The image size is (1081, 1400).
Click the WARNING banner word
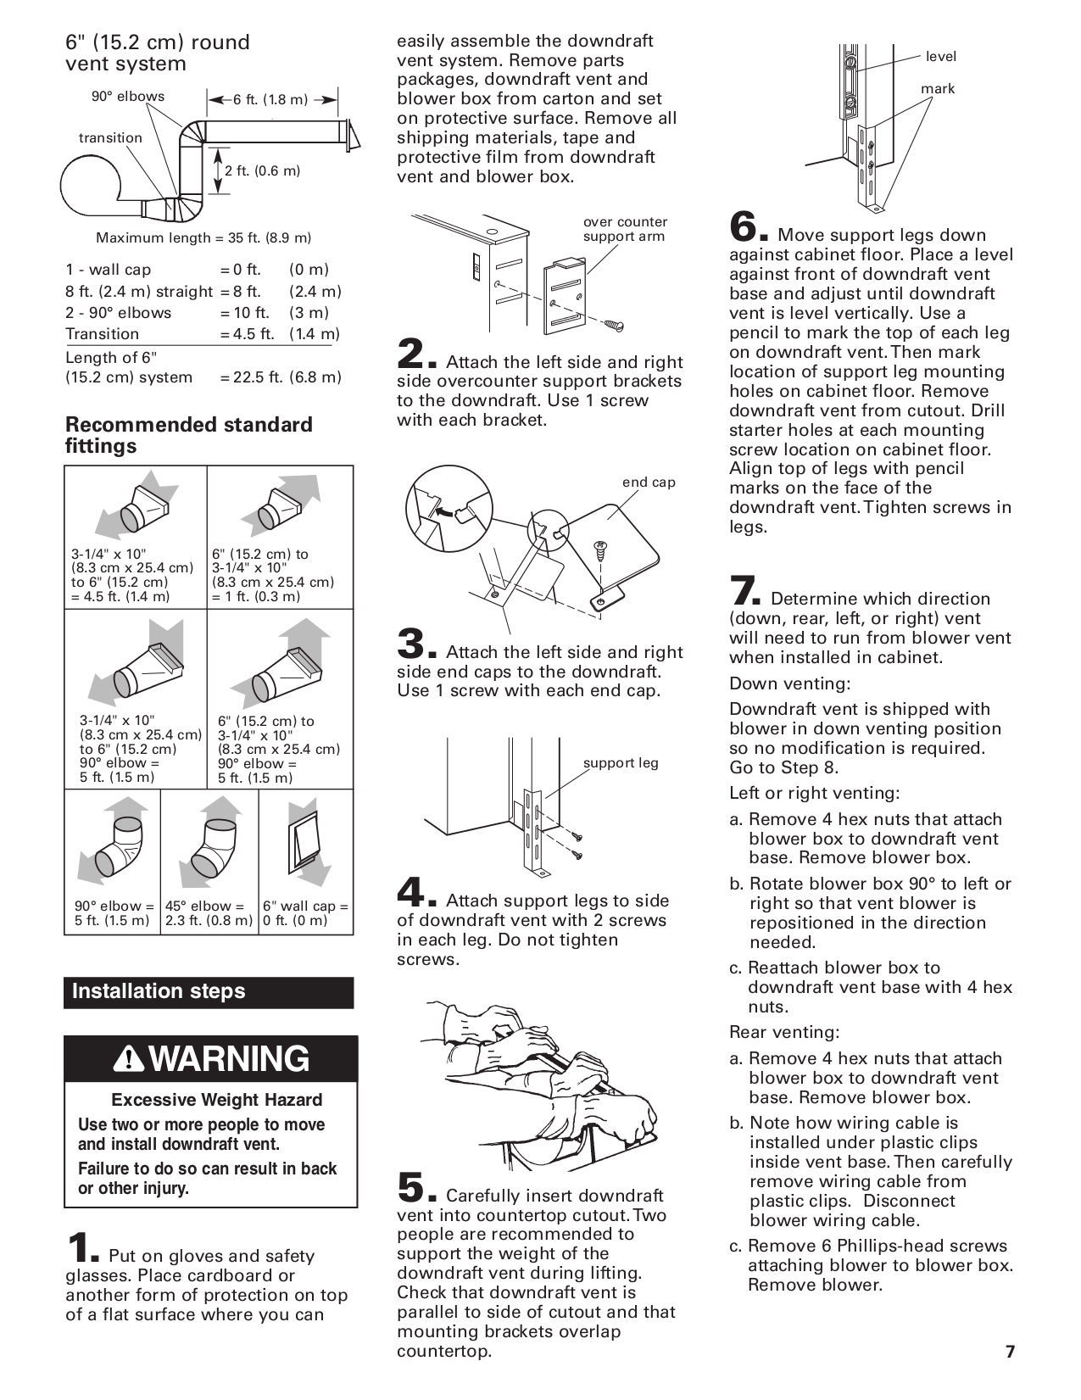[x=231, y=1060]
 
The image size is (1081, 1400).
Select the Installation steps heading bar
[x=209, y=992]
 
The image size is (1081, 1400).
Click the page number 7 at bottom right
[x=1010, y=1352]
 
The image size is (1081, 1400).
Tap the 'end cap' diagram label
[x=649, y=482]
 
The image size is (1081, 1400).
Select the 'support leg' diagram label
[x=621, y=763]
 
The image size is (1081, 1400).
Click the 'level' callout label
[x=940, y=57]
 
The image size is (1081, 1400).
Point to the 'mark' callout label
[x=938, y=89]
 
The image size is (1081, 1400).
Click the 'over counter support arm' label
[x=625, y=229]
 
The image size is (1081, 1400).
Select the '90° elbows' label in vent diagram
[x=128, y=97]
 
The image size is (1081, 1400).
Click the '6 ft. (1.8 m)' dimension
[x=271, y=100]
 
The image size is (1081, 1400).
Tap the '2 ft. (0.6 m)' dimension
[x=263, y=171]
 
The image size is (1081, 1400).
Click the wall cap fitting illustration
[x=306, y=848]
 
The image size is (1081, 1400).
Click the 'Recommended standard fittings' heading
[x=188, y=435]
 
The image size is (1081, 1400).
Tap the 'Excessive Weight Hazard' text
[x=217, y=1101]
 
